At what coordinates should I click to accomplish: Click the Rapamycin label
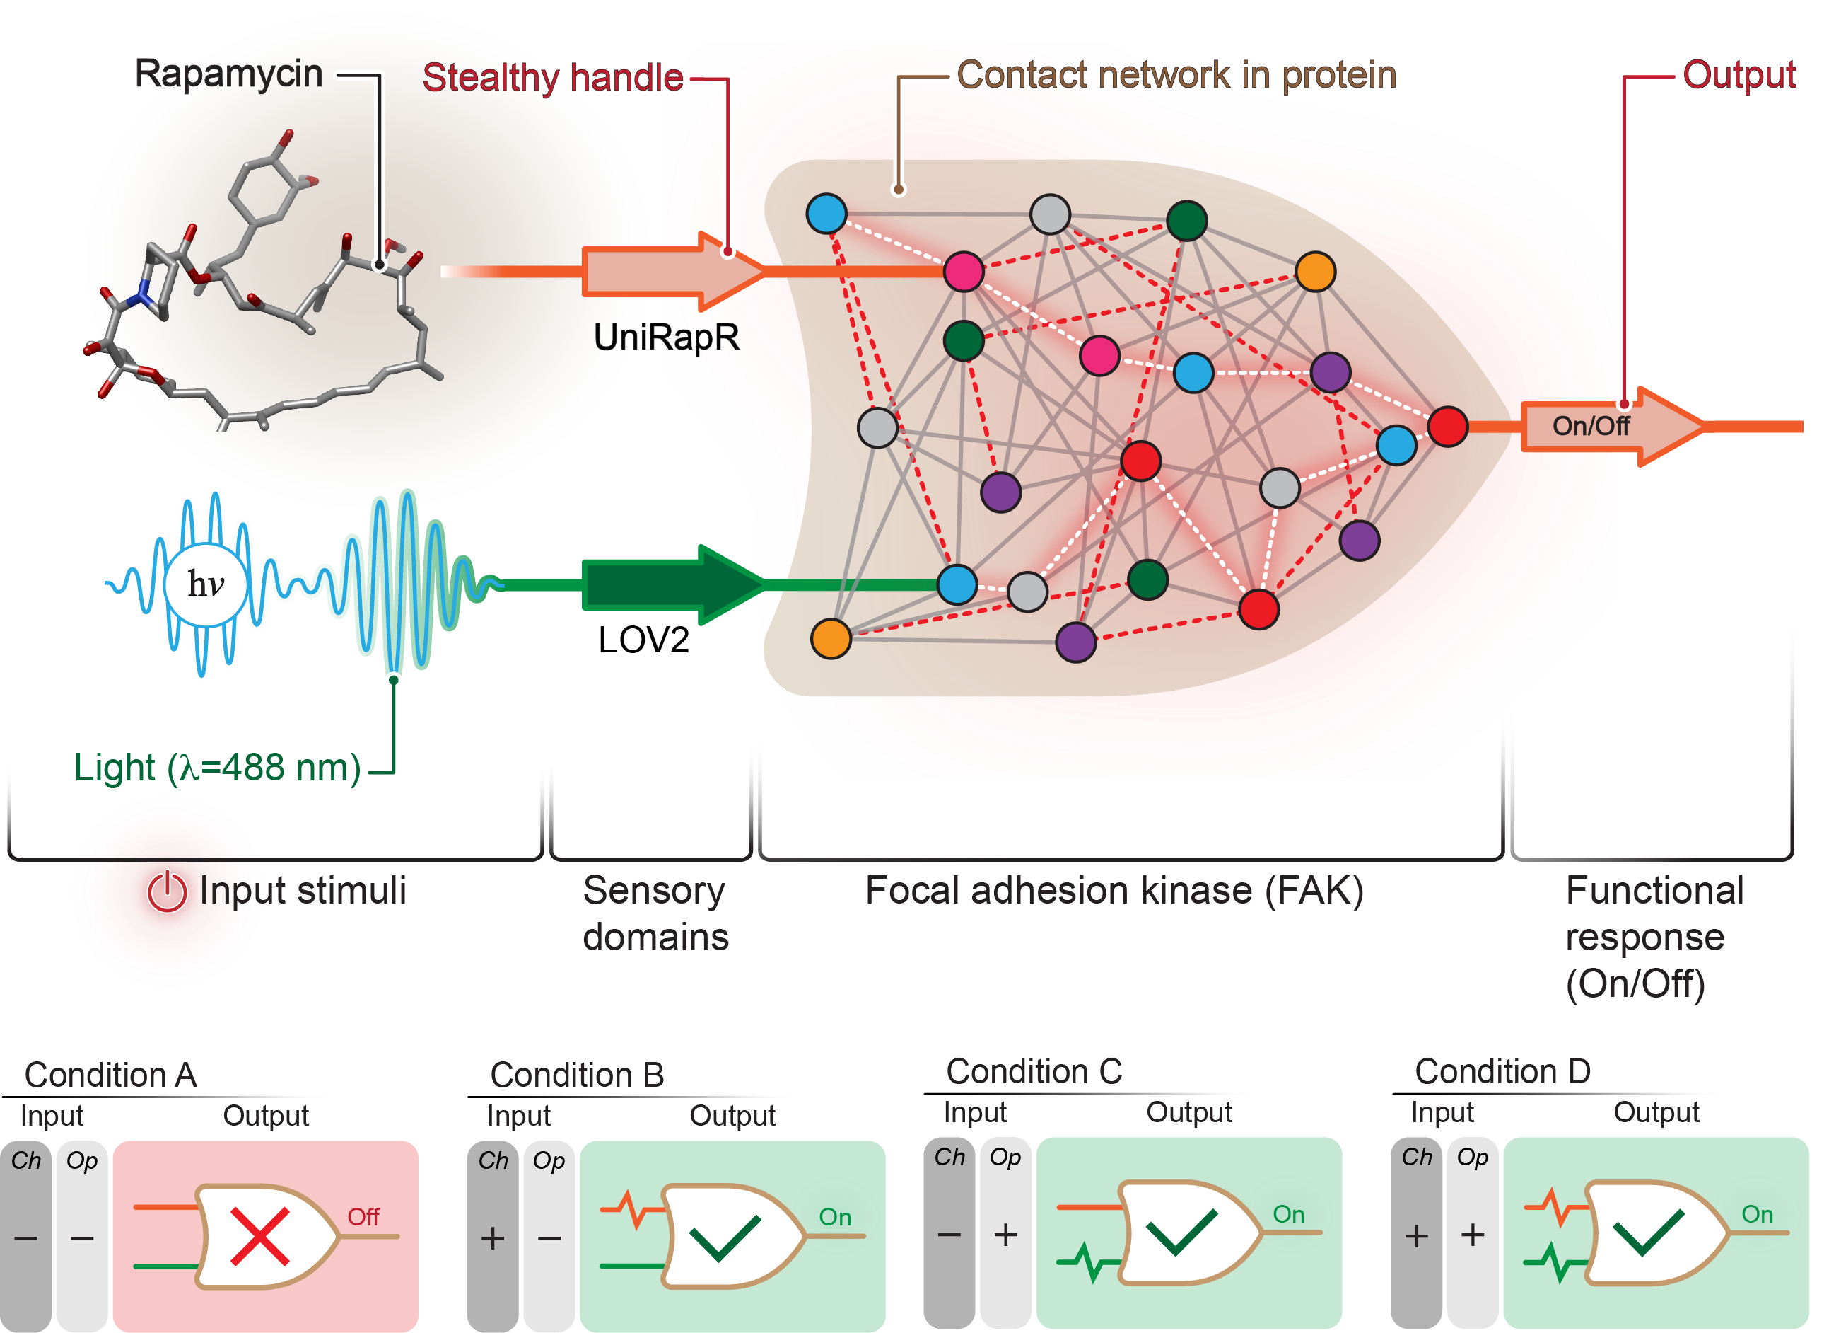coord(230,74)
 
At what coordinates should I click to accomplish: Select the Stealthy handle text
coord(553,77)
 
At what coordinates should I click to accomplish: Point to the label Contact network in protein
coord(1176,75)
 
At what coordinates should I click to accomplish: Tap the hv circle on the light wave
coord(206,584)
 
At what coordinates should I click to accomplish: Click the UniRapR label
coord(666,337)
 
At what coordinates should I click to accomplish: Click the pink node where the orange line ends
coord(964,272)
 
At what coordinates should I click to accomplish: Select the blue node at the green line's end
coord(957,585)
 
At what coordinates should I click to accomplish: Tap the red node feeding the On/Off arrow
coord(1447,426)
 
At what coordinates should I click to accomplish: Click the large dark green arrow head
coord(730,582)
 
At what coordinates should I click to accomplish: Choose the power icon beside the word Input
coord(167,891)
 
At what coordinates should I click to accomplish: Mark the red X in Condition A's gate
coord(259,1235)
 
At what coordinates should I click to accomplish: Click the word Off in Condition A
coord(363,1217)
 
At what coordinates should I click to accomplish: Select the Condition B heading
coord(578,1075)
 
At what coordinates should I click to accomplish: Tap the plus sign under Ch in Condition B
coord(493,1237)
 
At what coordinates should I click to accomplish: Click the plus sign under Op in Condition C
coord(1005,1235)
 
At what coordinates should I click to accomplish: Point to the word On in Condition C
coord(1289,1214)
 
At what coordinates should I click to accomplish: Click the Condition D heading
coord(1502,1071)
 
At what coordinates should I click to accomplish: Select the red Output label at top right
coord(1739,75)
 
